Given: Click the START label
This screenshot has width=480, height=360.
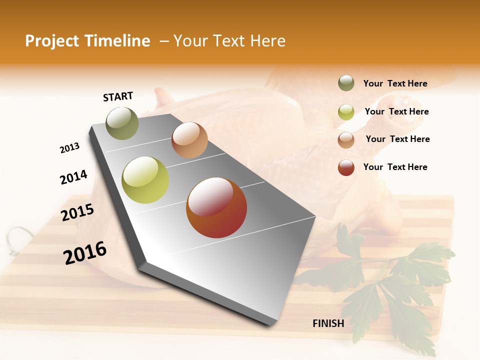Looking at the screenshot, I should point(118,96).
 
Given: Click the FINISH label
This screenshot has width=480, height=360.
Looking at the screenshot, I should point(328,323).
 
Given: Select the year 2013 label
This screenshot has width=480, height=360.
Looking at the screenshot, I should point(69,148).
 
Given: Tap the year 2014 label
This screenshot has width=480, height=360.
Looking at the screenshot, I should point(73,177).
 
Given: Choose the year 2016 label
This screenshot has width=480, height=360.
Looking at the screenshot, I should point(85,253).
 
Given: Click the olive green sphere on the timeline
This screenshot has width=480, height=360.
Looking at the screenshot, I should point(122,123).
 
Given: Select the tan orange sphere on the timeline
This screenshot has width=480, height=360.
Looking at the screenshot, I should point(189,140).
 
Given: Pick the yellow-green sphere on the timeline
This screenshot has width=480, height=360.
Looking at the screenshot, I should point(145,180).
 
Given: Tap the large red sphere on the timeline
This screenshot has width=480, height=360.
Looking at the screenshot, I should point(216,207).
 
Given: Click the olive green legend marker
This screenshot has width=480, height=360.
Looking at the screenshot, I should point(346,83).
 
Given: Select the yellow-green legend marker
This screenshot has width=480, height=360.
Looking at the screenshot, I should point(346,112).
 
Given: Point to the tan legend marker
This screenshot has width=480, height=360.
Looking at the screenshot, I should point(346,139).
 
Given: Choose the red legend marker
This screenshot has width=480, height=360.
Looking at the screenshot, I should point(346,167).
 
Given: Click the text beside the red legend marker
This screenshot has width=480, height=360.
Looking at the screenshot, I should point(395,167).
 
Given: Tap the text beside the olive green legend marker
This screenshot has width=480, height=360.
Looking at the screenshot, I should point(395,83).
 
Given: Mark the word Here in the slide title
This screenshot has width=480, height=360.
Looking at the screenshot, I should point(267,41).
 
